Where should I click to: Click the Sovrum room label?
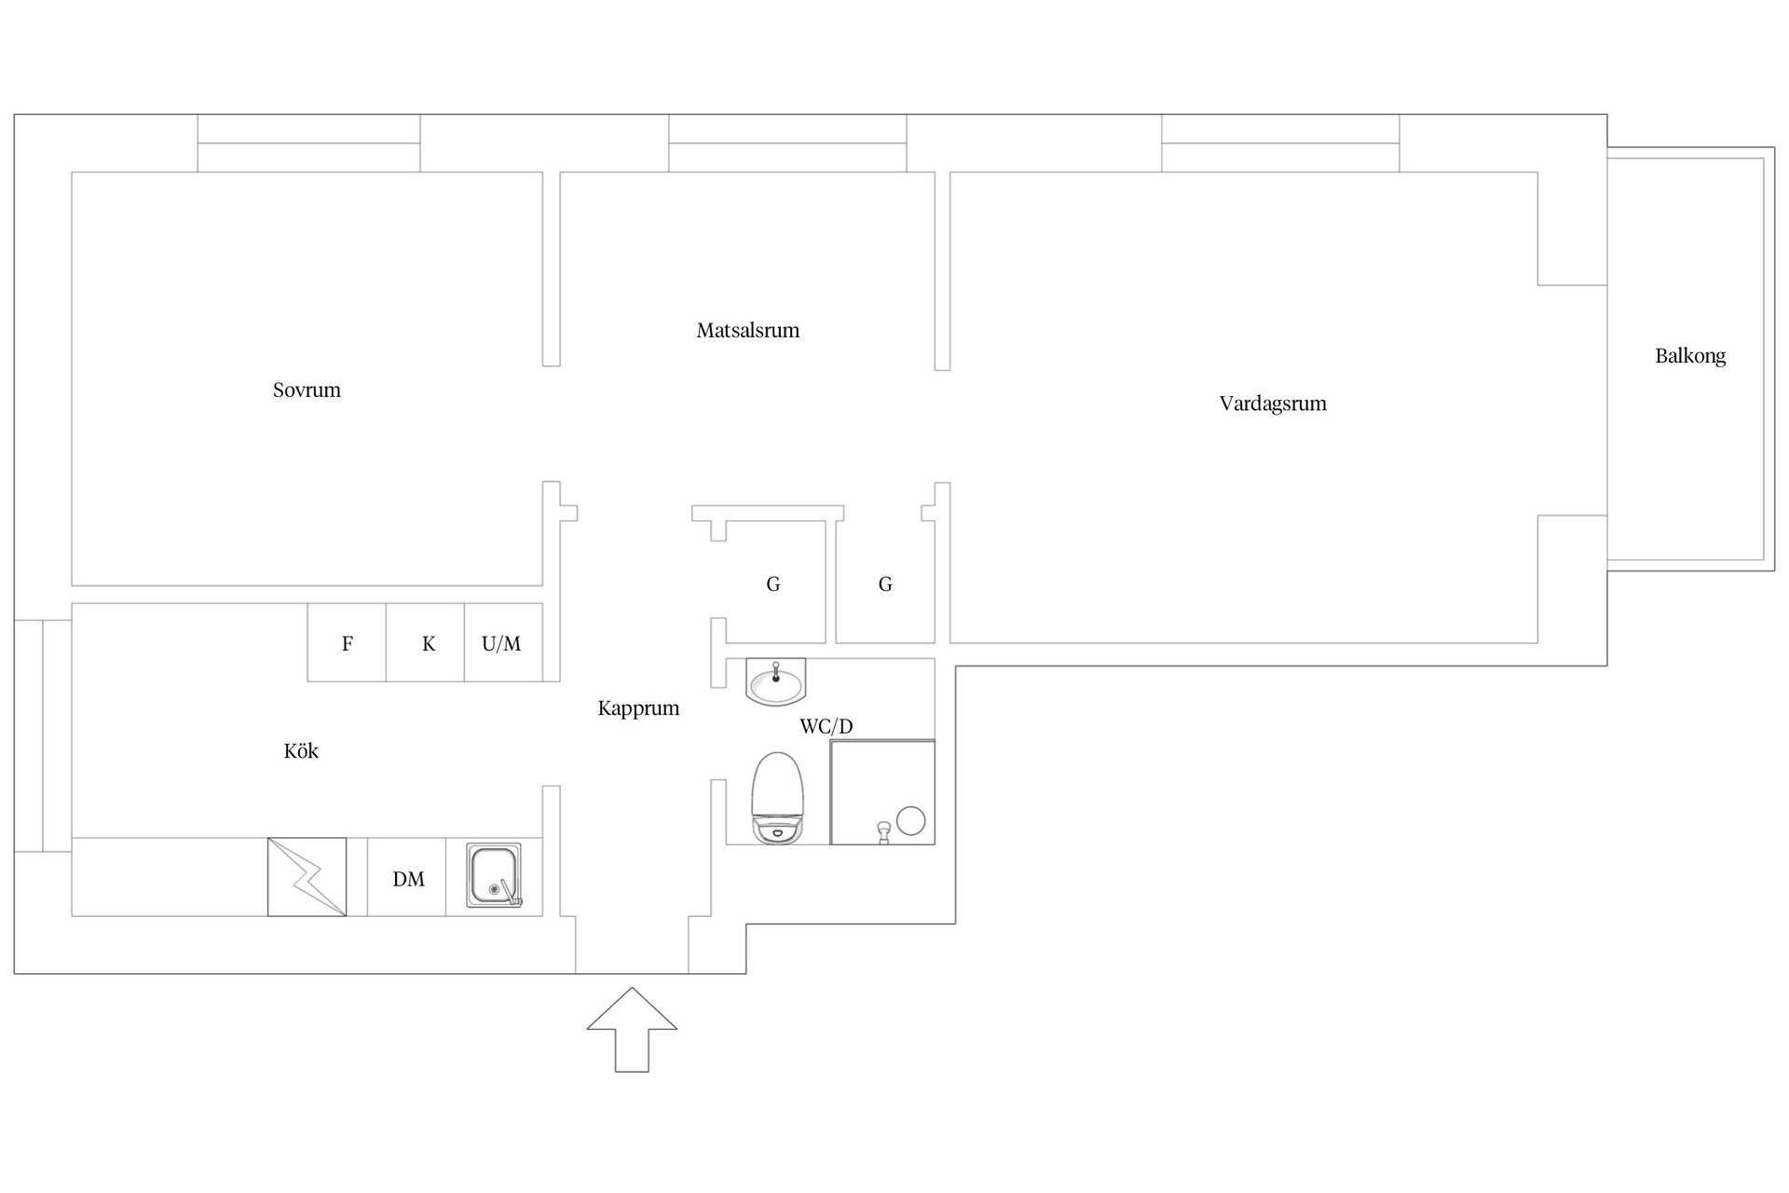307,390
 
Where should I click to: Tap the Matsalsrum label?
748,330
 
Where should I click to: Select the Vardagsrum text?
1273,404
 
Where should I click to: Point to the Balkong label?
1690,356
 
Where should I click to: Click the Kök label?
301,750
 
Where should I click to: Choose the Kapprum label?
638,708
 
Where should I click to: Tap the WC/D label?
826,726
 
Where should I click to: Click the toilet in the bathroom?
777,799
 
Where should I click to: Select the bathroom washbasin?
775,681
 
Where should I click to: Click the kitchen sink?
495,877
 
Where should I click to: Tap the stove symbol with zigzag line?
307,877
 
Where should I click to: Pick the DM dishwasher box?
407,877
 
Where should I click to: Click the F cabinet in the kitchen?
347,642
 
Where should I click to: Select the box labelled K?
426,642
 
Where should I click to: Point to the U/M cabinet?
503,642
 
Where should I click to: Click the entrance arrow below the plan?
632,1030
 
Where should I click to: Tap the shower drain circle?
910,821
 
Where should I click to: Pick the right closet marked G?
885,583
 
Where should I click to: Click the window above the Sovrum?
308,144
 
